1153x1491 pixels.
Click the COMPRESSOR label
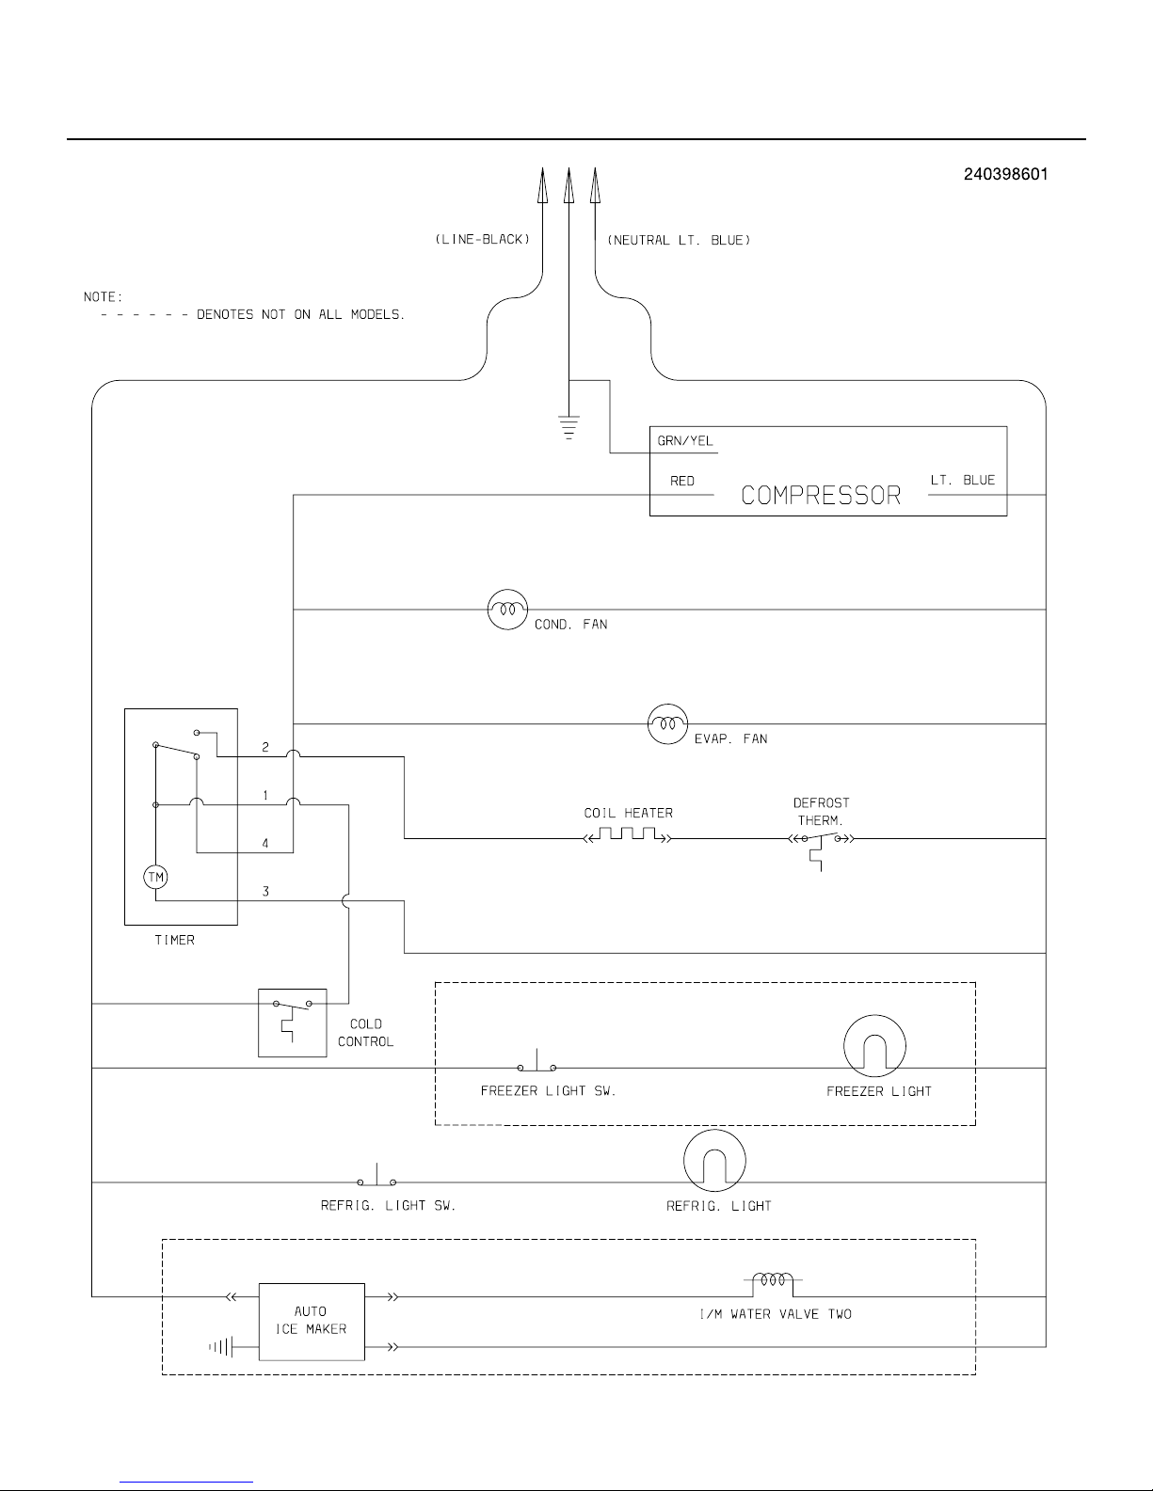pyautogui.click(x=821, y=496)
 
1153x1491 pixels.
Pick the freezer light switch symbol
pyautogui.click(x=536, y=1061)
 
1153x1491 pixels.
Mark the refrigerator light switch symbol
pyautogui.click(x=376, y=1175)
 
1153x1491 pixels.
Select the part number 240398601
pyautogui.click(x=1005, y=174)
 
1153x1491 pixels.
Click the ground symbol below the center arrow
pyautogui.click(x=568, y=427)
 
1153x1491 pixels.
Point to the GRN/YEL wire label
pyautogui.click(x=685, y=440)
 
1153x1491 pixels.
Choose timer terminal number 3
pyautogui.click(x=265, y=891)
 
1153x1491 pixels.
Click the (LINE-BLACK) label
pyautogui.click(x=483, y=240)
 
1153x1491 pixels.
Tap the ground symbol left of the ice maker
pyautogui.click(x=221, y=1347)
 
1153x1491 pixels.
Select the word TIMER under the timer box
pyautogui.click(x=174, y=940)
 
